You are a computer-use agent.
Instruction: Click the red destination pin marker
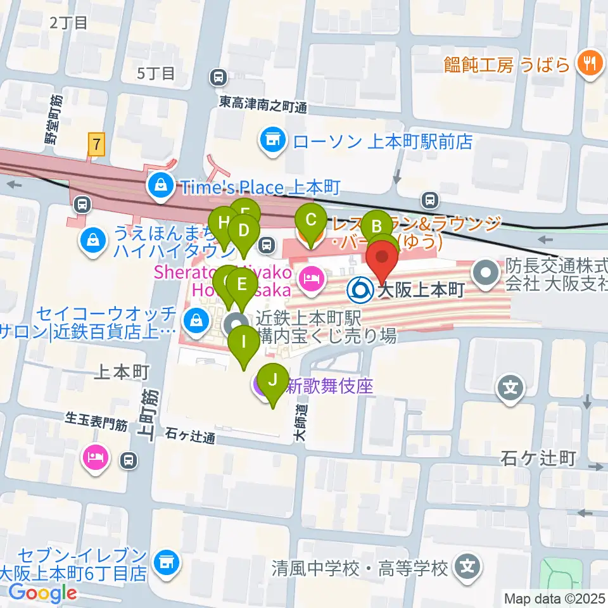pyautogui.click(x=383, y=262)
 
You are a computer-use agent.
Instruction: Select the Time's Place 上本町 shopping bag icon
pyautogui.click(x=158, y=186)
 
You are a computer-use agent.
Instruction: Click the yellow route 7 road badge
pyautogui.click(x=96, y=145)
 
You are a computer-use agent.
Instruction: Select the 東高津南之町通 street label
pyautogui.click(x=263, y=104)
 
